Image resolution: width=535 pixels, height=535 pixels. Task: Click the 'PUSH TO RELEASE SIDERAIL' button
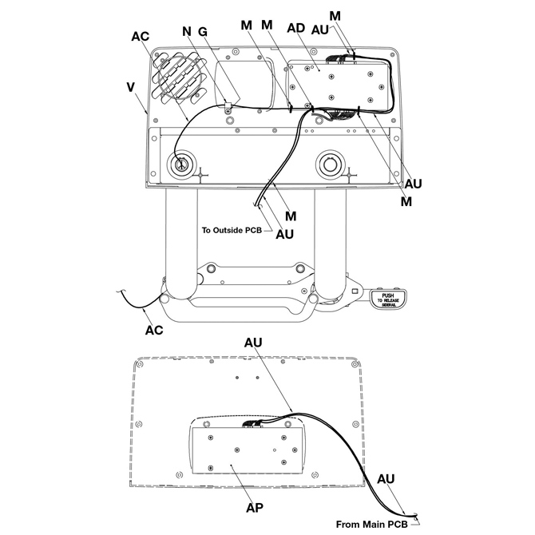click(388, 300)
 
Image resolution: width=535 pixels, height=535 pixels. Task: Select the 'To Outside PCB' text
click(232, 230)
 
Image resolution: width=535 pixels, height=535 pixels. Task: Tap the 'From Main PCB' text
click(371, 524)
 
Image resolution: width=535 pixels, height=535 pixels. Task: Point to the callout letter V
click(130, 87)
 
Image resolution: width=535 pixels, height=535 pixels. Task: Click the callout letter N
click(187, 31)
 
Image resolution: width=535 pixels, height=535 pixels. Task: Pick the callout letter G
click(203, 32)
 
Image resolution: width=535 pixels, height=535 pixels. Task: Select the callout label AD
click(295, 28)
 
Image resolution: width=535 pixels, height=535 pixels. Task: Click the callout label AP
click(255, 508)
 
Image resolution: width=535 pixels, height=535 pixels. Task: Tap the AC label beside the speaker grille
click(141, 36)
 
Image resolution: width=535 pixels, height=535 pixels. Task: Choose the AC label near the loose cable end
click(154, 330)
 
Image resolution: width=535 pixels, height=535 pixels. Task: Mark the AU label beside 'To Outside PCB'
click(284, 235)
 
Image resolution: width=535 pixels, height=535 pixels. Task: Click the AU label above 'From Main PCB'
click(386, 479)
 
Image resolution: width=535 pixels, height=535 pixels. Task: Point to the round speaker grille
click(178, 77)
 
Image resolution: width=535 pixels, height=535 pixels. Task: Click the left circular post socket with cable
click(181, 164)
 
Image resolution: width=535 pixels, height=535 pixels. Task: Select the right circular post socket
click(331, 164)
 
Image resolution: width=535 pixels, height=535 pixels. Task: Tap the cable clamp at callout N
click(228, 107)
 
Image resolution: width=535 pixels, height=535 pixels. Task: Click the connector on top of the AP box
click(253, 424)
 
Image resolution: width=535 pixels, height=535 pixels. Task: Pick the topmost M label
click(335, 16)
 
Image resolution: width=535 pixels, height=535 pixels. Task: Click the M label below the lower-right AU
click(406, 202)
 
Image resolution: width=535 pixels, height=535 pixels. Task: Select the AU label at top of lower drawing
click(253, 343)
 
